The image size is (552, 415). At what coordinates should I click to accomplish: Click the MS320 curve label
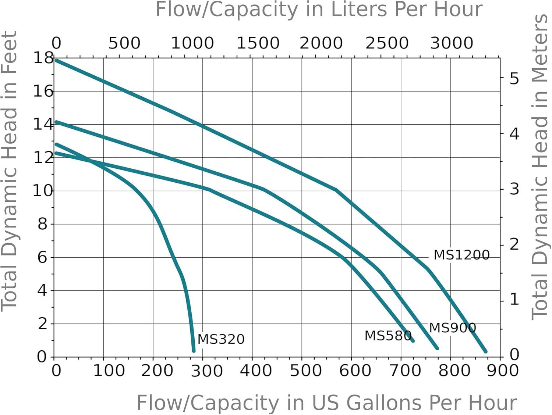tap(221, 339)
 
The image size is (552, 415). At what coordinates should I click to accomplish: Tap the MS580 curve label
tap(388, 336)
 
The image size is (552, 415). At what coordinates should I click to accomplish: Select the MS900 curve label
tap(452, 328)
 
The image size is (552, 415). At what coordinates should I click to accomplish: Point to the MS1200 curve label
tap(461, 255)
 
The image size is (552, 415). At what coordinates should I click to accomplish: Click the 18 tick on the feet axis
tap(43, 58)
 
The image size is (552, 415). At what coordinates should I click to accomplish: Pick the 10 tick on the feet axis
tap(43, 191)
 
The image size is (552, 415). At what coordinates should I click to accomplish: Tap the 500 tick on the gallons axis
tap(305, 371)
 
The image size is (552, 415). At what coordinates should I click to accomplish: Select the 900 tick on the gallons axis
tap(502, 371)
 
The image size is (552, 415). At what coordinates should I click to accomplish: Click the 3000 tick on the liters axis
tap(452, 43)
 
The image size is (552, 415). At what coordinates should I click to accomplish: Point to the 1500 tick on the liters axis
tap(258, 43)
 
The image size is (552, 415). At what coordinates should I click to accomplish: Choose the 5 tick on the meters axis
tap(514, 79)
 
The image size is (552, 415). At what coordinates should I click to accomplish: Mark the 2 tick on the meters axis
tap(514, 244)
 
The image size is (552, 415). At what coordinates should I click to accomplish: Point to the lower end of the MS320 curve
tap(194, 351)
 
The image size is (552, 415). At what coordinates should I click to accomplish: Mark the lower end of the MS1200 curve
tap(485, 351)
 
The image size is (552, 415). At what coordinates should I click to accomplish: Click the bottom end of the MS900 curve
tap(437, 348)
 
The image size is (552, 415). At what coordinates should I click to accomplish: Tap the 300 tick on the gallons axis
tap(206, 371)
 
